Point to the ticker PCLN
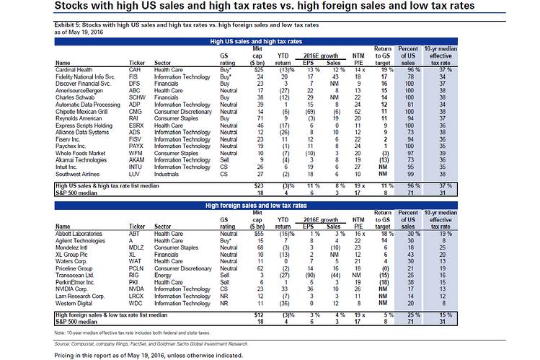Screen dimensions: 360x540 pyautogui.click(x=137, y=267)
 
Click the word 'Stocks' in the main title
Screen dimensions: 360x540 pyautogui.click(x=78, y=6)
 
